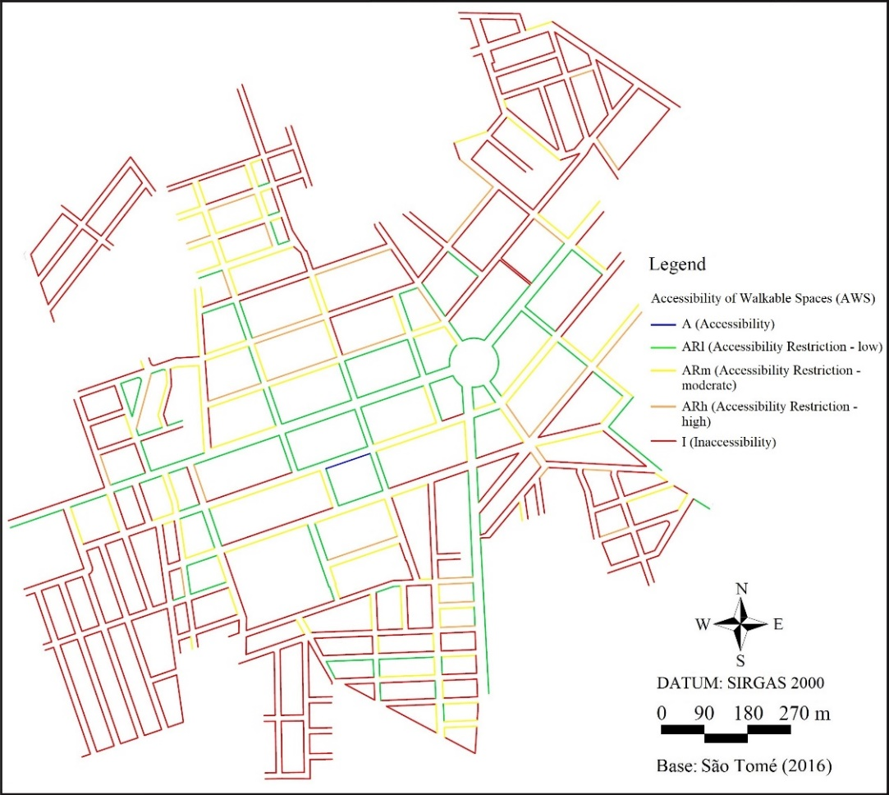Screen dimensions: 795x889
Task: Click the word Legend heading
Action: (676, 265)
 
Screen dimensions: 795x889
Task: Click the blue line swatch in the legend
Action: (666, 324)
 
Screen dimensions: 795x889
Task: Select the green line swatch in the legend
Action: (666, 347)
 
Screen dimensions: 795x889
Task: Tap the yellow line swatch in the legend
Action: (666, 371)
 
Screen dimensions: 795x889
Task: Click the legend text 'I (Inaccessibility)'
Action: (728, 443)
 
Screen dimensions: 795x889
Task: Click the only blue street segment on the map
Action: (348, 461)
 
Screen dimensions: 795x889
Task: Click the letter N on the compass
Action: (741, 589)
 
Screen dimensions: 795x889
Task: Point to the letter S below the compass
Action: (740, 659)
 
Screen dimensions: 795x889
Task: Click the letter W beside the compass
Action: (703, 624)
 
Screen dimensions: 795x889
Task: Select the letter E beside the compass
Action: (777, 624)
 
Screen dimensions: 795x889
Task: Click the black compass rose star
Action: (740, 624)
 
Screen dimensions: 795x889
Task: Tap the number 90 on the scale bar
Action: (703, 712)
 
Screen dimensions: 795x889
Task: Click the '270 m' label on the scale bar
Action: (805, 712)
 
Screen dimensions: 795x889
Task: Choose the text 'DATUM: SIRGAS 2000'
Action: (740, 683)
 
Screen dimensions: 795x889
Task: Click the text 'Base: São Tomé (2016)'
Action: (745, 766)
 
